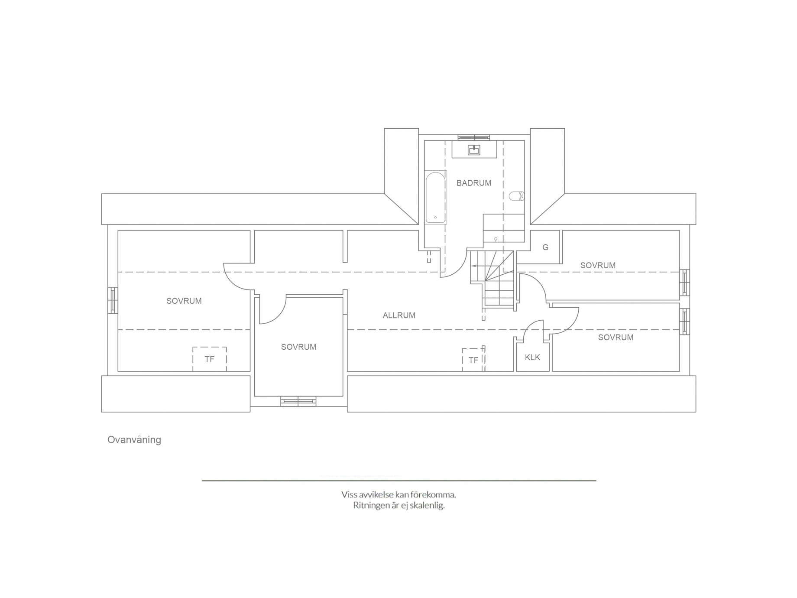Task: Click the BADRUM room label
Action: [474, 183]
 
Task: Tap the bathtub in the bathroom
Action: [435, 198]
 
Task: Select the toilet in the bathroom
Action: [517, 196]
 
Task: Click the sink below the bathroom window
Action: [474, 150]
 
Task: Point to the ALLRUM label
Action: [399, 315]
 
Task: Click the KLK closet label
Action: [532, 357]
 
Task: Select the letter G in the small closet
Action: [545, 247]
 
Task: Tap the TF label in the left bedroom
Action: [209, 359]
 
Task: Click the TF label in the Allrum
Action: [473, 360]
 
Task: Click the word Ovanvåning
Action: [134, 440]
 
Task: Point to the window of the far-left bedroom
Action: [113, 300]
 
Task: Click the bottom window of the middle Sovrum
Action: [298, 401]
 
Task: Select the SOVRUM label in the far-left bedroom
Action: [184, 301]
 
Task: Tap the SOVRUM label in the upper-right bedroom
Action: [598, 265]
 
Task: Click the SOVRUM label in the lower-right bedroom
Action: [616, 337]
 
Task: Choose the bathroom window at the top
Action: [474, 137]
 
